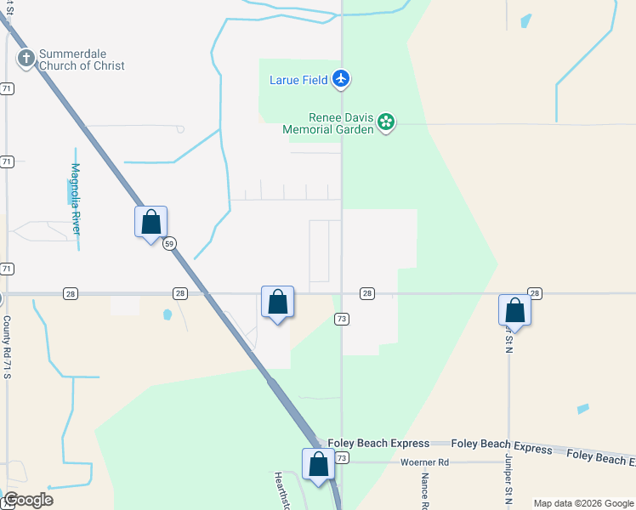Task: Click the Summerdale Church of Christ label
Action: [x=81, y=59]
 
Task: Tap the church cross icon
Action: [x=26, y=59]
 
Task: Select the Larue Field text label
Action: [x=297, y=80]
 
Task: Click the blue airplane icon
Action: [x=342, y=79]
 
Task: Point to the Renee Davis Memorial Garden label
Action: [x=329, y=123]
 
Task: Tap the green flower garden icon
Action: [x=386, y=122]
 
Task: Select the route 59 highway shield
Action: [x=169, y=243]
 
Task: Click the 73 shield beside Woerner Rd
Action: [x=342, y=458]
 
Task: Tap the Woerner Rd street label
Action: [x=424, y=462]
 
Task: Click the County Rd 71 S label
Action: [x=7, y=347]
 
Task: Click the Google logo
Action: [x=28, y=500]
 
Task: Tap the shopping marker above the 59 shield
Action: [x=150, y=223]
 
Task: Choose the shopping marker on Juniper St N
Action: [x=514, y=310]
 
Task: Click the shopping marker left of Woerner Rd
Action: [x=319, y=465]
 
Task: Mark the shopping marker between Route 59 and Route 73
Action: [x=277, y=302]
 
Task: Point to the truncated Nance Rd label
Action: [x=423, y=492]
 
